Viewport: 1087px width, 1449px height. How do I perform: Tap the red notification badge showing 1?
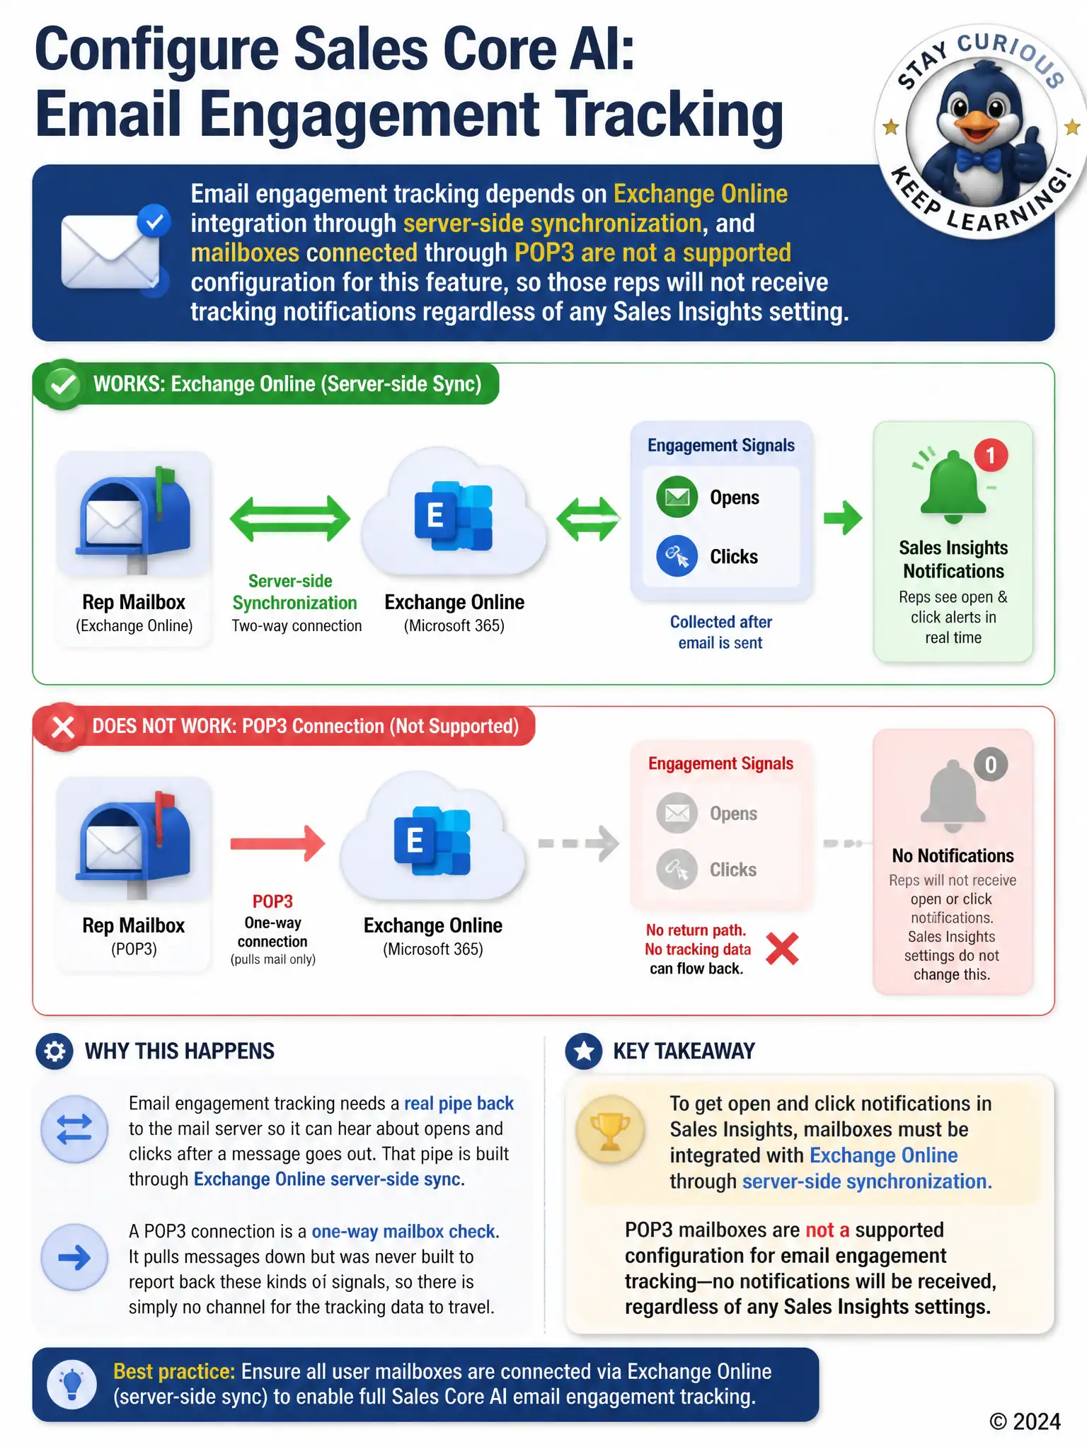(991, 456)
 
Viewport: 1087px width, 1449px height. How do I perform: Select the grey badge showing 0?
(991, 765)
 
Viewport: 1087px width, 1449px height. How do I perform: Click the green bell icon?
(953, 486)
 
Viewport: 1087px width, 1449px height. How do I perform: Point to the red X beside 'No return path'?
(782, 949)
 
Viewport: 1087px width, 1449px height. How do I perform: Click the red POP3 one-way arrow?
(277, 843)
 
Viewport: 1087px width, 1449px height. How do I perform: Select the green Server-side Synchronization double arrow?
(290, 519)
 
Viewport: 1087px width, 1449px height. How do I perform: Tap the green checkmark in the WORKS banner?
(62, 384)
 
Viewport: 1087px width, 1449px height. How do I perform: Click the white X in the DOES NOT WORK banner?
(63, 727)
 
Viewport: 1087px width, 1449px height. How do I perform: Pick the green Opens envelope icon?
(677, 497)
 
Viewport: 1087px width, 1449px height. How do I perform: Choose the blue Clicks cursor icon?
(677, 556)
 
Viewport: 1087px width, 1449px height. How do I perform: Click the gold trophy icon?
(610, 1130)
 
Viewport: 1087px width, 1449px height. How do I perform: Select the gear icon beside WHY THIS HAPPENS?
(54, 1051)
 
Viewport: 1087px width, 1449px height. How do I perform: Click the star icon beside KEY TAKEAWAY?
(584, 1051)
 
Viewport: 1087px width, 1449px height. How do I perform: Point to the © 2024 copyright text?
(1025, 1422)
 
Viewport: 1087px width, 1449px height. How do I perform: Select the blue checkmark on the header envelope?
(154, 222)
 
